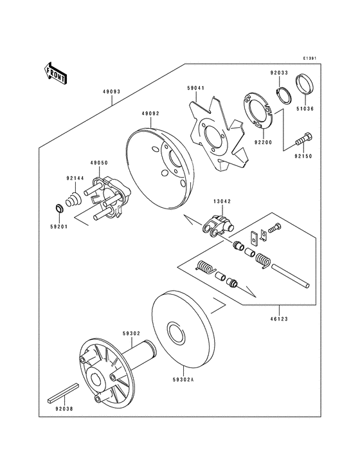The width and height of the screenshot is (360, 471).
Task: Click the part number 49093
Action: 111,91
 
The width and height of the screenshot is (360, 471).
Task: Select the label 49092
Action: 151,113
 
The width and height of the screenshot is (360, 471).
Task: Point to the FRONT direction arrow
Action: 57,74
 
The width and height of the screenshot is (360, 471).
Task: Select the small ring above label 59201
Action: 58,208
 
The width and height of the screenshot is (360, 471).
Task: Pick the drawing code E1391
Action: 312,57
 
